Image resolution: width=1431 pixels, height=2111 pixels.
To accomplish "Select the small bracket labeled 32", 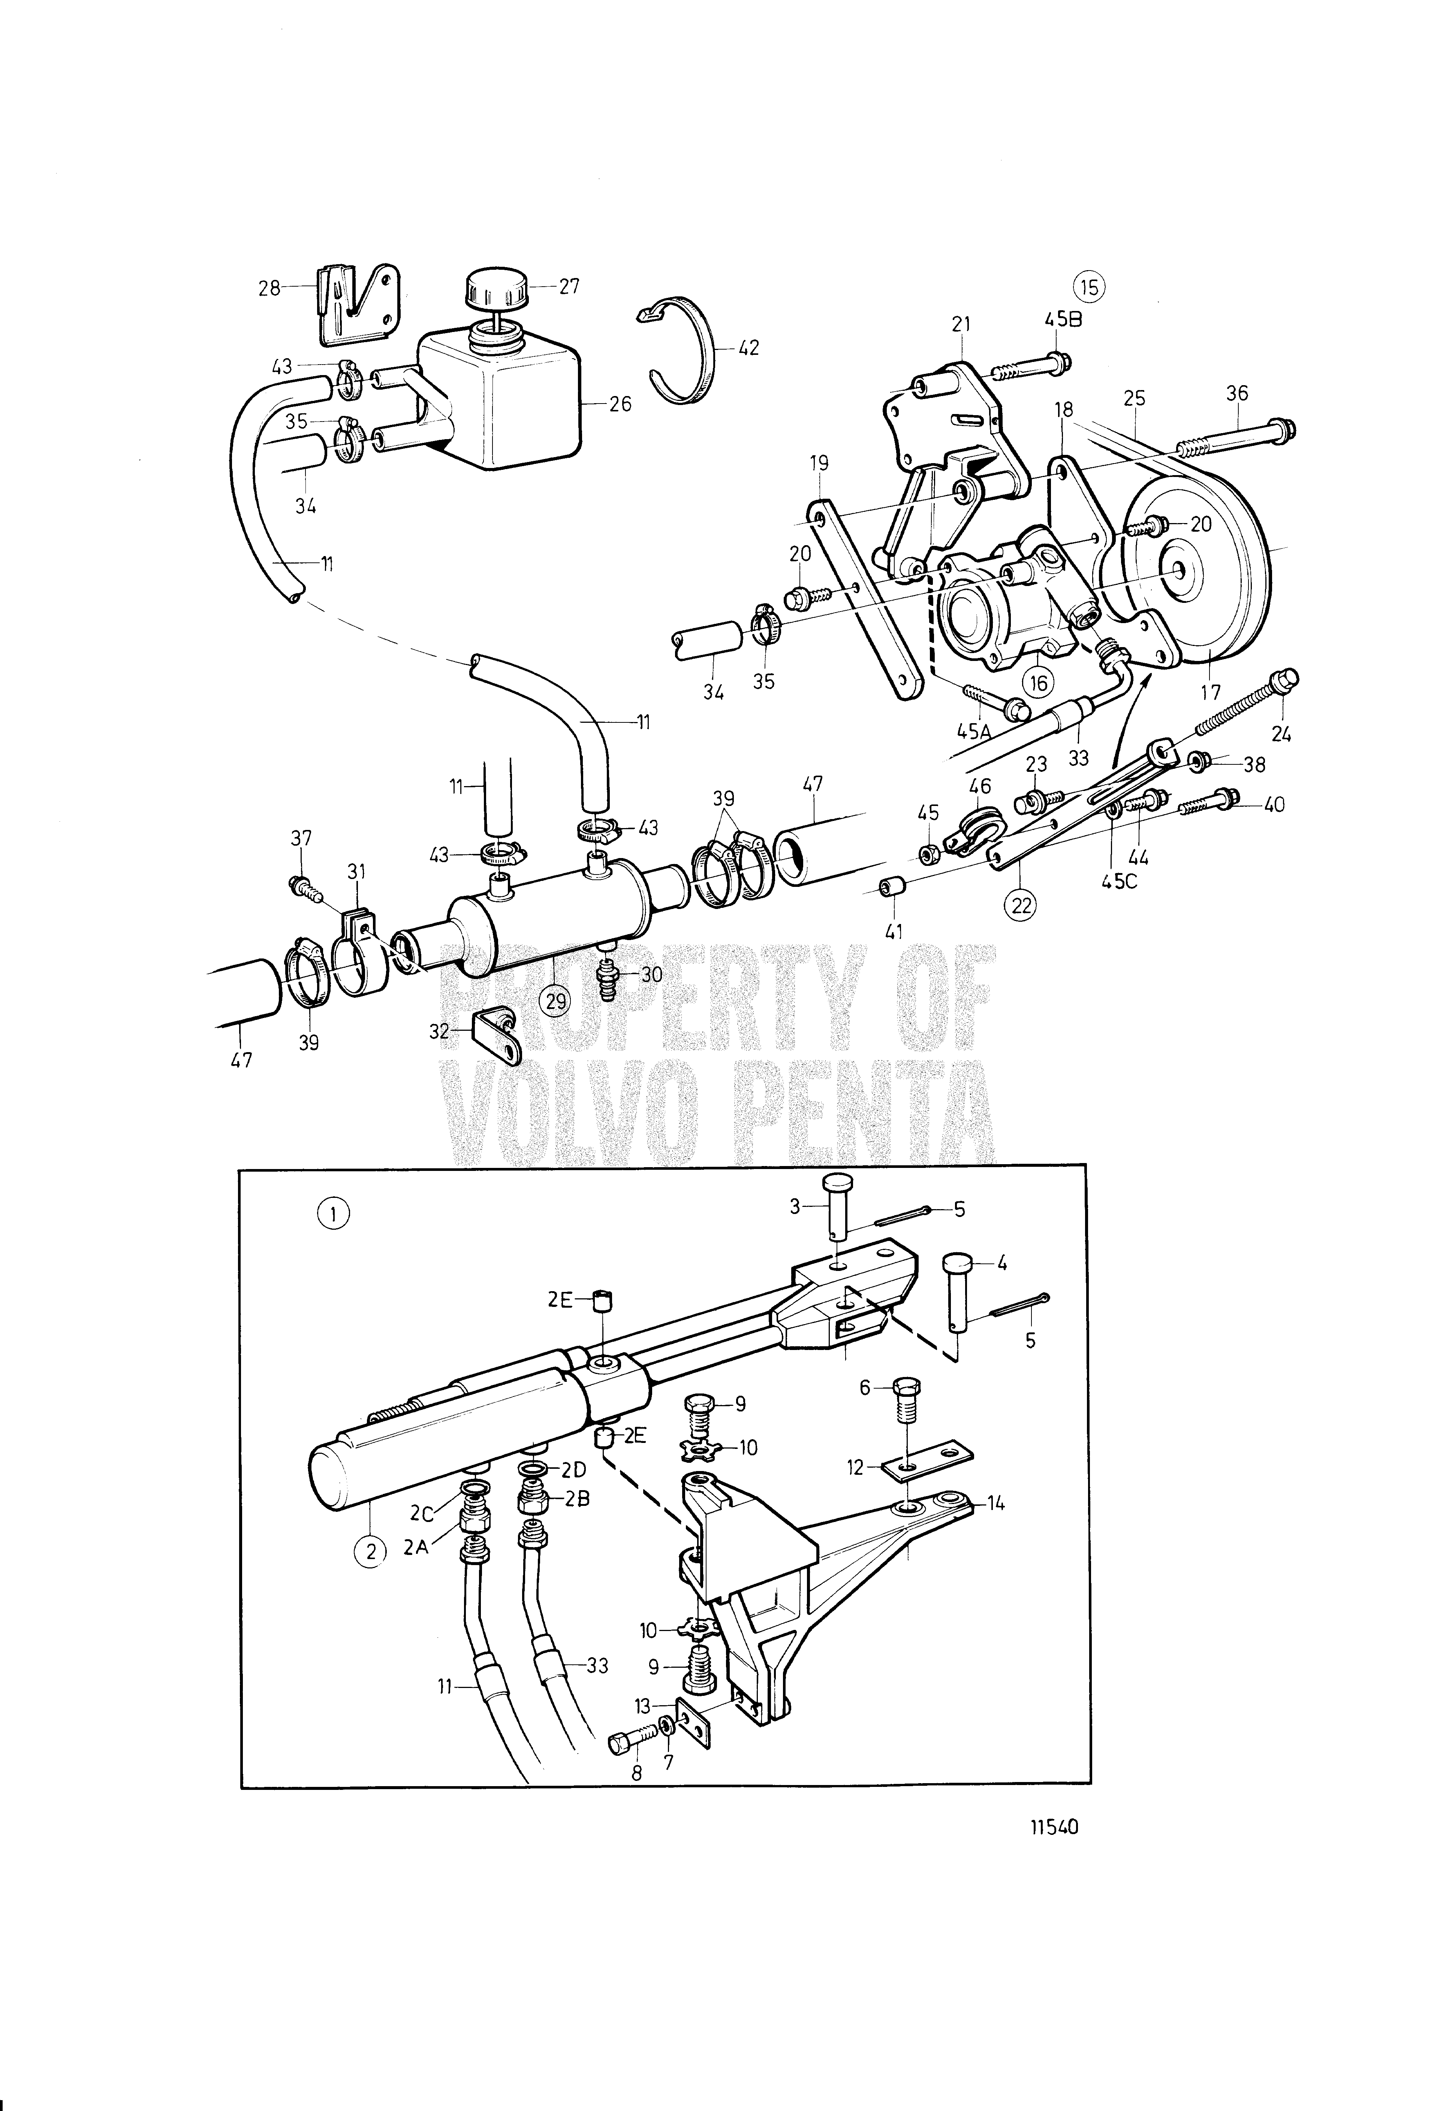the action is [498, 1033].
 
